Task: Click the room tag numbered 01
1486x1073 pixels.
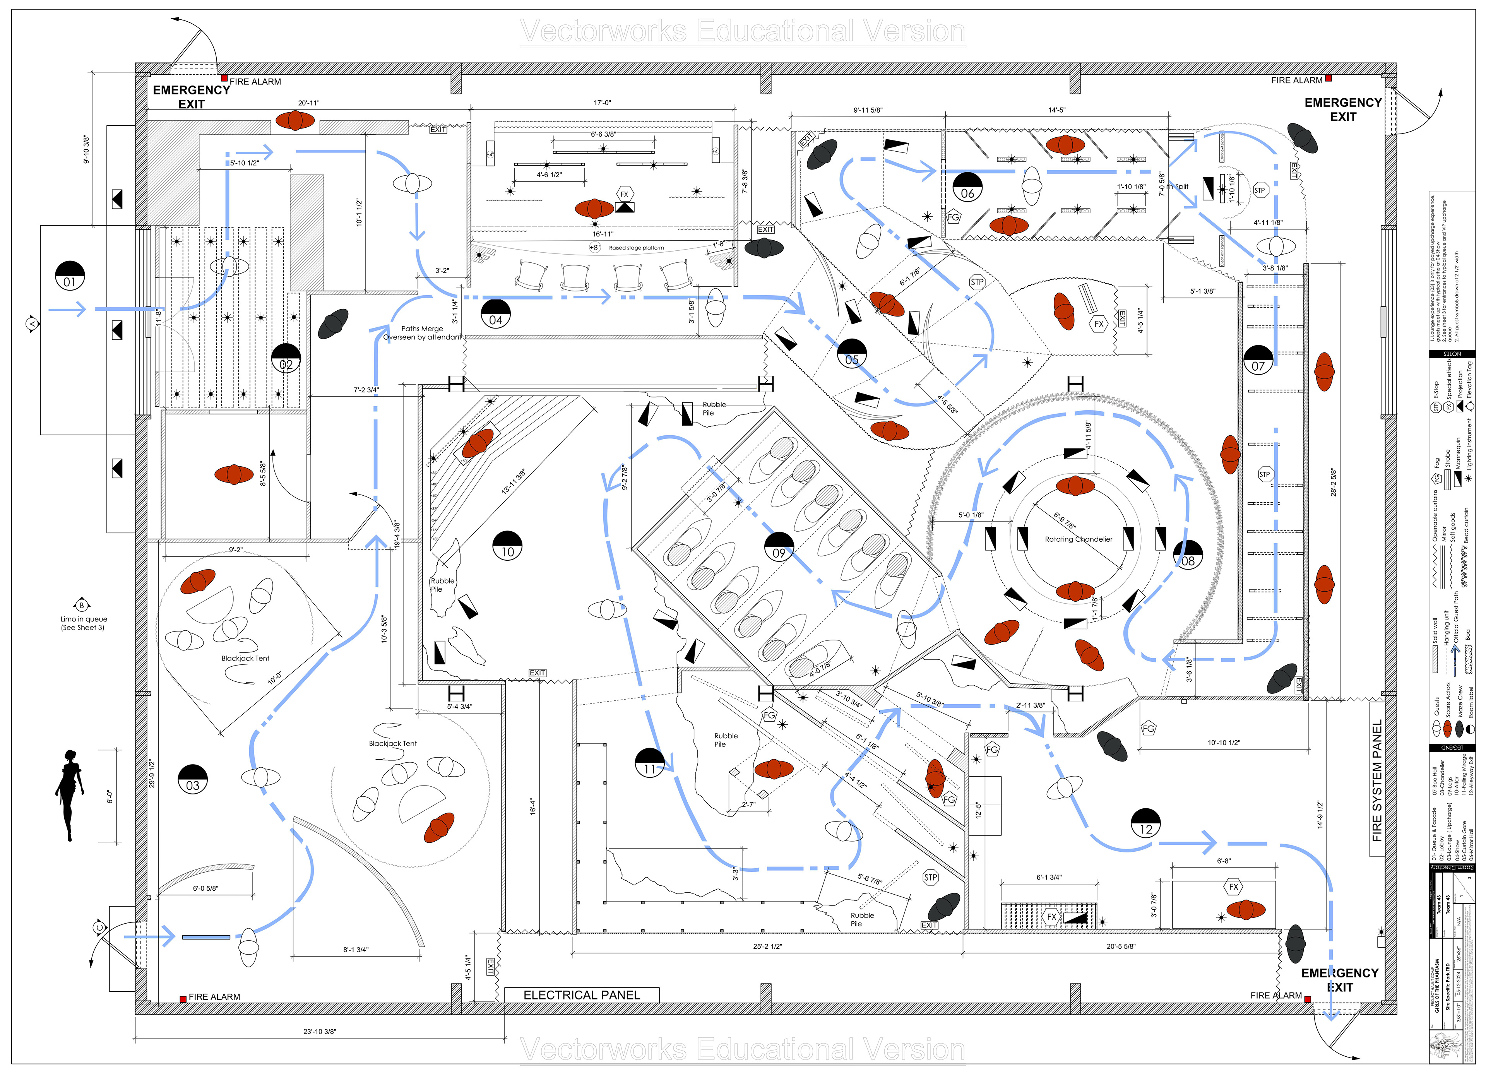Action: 69,275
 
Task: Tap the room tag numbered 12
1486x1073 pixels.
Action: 1146,823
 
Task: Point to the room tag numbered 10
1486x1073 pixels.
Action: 508,545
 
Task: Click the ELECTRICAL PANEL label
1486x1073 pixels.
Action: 581,994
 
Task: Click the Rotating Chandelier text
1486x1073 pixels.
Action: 1079,539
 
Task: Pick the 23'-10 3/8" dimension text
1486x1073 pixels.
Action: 320,1031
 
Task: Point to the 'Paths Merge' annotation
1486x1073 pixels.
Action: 422,329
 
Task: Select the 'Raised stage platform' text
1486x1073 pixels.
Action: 636,248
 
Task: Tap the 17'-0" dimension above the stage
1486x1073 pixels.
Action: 602,103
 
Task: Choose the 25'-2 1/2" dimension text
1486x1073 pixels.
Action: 767,946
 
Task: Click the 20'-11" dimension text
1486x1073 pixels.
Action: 308,103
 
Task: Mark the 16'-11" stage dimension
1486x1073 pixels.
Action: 603,234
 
